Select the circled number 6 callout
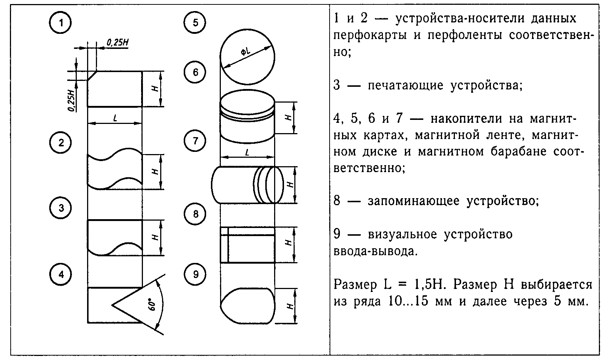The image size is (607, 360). click(195, 72)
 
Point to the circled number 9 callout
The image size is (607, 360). click(195, 274)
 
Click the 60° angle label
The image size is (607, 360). click(151, 304)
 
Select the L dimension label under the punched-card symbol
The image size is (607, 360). click(115, 118)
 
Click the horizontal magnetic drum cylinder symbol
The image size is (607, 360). click(248, 185)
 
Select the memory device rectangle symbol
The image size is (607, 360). click(247, 245)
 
